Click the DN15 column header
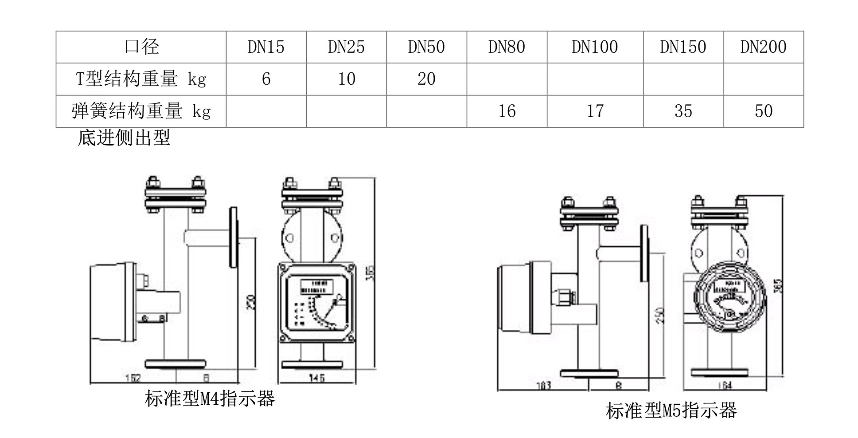pyautogui.click(x=266, y=47)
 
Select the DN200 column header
pyautogui.click(x=763, y=47)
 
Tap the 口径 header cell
pyautogui.click(x=141, y=47)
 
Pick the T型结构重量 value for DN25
pyautogui.click(x=347, y=79)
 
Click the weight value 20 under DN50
pyautogui.click(x=426, y=79)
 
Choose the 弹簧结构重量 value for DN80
pyautogui.click(x=507, y=111)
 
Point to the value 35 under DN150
pyautogui.click(x=683, y=111)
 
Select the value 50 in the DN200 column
pyautogui.click(x=764, y=111)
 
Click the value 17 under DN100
pyautogui.click(x=595, y=111)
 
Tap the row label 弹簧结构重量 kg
pyautogui.click(x=141, y=111)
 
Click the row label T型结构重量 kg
pyautogui.click(x=141, y=79)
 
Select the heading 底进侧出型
pyautogui.click(x=124, y=138)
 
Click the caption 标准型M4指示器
pyautogui.click(x=210, y=399)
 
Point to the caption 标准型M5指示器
pyautogui.click(x=671, y=411)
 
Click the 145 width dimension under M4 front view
pyautogui.click(x=316, y=378)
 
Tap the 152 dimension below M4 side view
pyautogui.click(x=133, y=378)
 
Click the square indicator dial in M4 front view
pyautogui.click(x=317, y=303)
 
